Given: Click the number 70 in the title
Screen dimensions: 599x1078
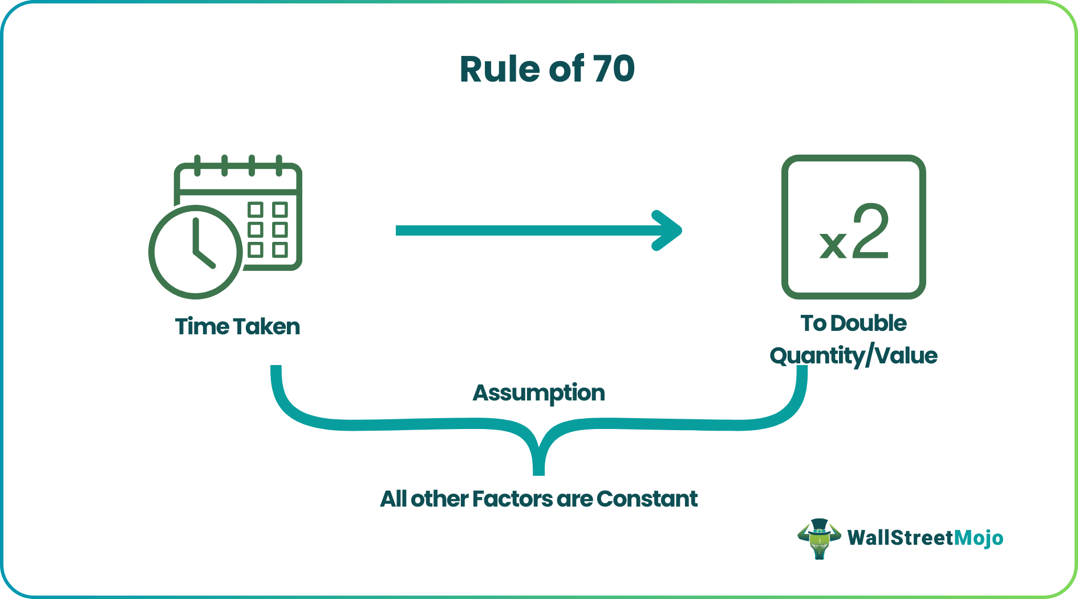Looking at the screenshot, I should (613, 69).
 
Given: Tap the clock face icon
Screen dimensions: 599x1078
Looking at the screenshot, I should (196, 252).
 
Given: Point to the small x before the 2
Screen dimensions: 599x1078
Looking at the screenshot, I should (833, 244).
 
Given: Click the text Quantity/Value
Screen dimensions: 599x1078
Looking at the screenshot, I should (853, 355).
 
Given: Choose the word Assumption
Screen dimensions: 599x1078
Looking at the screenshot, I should (538, 392).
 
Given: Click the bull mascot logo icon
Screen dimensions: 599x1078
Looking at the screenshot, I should (819, 538).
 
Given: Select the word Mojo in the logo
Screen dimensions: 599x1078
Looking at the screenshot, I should (979, 538).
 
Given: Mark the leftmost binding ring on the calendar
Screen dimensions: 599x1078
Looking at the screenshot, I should (197, 165).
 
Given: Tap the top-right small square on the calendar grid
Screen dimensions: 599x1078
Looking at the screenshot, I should (279, 209).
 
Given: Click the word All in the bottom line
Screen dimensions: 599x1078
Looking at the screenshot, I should (393, 499).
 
